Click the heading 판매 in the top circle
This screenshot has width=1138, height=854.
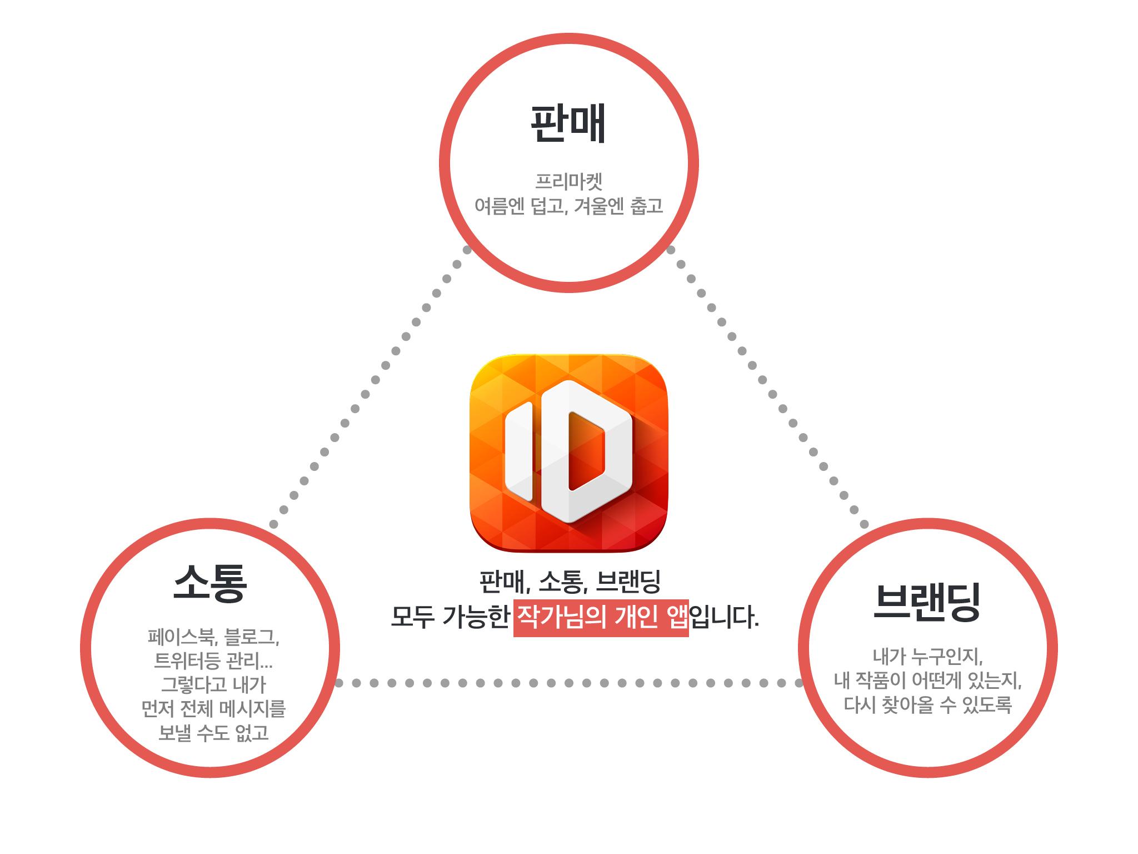pyautogui.click(x=568, y=123)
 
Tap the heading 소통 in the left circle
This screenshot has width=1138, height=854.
pyautogui.click(x=209, y=583)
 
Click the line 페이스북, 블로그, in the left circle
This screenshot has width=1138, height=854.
pyautogui.click(x=213, y=637)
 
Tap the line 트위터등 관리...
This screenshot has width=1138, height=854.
pyautogui.click(x=213, y=662)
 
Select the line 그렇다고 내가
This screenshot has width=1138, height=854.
pyautogui.click(x=213, y=685)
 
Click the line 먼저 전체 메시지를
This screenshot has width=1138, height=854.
pyautogui.click(x=213, y=709)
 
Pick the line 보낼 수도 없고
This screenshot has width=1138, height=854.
pyautogui.click(x=213, y=733)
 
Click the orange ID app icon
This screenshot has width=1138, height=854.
pyautogui.click(x=568, y=453)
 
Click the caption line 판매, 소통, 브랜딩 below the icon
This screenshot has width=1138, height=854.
pyautogui.click(x=570, y=582)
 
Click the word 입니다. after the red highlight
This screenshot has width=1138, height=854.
pyautogui.click(x=724, y=618)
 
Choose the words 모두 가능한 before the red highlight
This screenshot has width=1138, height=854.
pyautogui.click(x=450, y=618)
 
